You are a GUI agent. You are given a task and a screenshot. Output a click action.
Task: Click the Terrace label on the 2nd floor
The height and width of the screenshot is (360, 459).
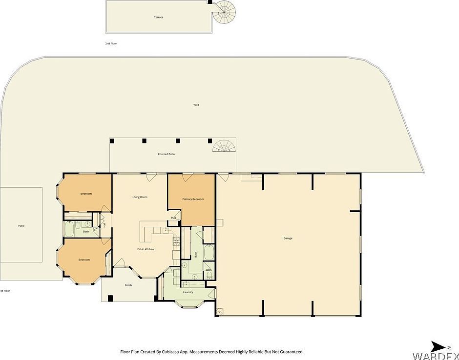[x=159, y=17]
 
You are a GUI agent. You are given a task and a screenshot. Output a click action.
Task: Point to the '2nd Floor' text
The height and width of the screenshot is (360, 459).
[x=111, y=43]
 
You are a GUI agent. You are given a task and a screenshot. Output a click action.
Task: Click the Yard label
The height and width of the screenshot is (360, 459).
[x=196, y=105]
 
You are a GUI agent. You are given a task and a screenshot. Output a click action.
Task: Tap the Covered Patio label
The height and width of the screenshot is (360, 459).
[x=166, y=154]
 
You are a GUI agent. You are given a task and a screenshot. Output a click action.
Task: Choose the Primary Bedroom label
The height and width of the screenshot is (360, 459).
[x=193, y=199]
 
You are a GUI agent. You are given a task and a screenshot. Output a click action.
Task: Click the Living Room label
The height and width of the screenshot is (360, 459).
[x=140, y=197]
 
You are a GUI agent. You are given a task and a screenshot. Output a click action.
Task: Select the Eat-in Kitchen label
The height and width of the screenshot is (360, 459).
[x=146, y=249]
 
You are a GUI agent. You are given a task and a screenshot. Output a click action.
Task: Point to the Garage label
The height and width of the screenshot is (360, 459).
[x=288, y=238]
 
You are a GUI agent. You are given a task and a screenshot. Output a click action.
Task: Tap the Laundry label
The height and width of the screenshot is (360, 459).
[x=188, y=292]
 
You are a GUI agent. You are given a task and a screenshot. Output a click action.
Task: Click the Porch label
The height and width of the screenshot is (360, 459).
[x=128, y=285]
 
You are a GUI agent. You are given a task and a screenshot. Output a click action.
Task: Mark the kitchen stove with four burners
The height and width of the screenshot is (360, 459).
[x=176, y=240]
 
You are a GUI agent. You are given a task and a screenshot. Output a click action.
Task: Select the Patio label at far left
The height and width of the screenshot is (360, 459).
[x=21, y=226]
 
